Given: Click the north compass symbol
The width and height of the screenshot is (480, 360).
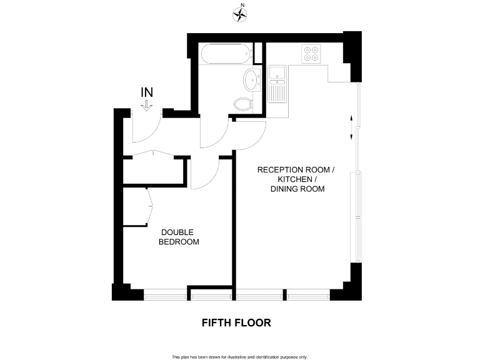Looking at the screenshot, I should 239,13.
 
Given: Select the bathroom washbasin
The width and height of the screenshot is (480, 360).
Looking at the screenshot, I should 251,80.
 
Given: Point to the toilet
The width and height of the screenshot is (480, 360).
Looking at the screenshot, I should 242,104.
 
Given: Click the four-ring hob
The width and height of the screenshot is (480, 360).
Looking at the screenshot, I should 311,54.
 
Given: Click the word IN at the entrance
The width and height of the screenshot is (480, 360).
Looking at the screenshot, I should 147,92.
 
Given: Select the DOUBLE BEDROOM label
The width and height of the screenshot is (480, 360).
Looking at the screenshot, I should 178,237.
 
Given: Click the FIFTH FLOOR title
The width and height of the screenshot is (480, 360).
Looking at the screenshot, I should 236,323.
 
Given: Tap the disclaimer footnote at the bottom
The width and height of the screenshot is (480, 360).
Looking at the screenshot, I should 240,357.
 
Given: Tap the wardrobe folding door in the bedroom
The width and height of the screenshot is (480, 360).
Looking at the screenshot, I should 150,206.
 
